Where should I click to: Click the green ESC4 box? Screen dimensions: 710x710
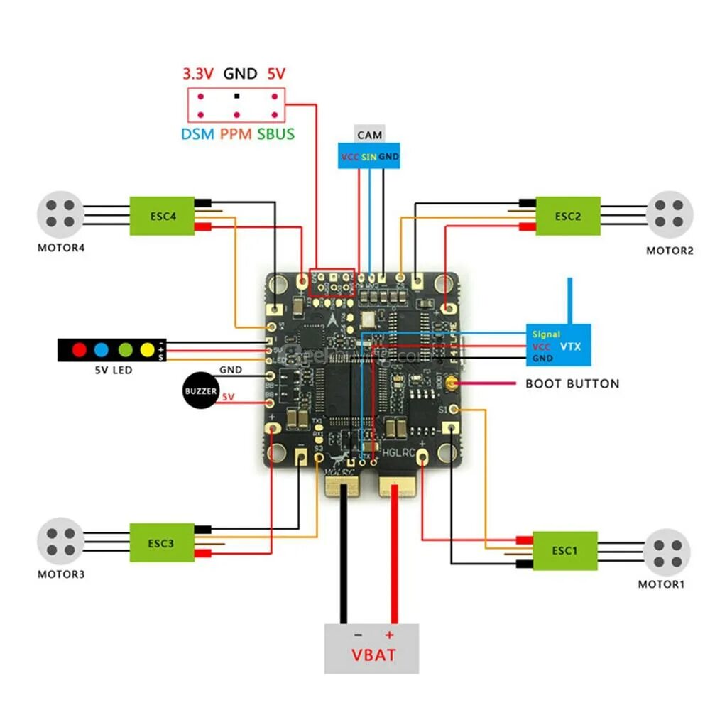(163, 216)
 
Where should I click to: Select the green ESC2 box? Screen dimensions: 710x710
(567, 216)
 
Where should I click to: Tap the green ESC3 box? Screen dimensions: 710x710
(160, 543)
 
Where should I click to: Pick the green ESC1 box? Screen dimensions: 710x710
(564, 550)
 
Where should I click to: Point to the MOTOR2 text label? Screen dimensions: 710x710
(669, 251)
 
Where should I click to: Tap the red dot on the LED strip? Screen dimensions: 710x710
(79, 349)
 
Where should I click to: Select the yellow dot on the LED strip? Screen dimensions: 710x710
(147, 349)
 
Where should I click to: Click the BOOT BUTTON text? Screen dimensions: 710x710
(572, 384)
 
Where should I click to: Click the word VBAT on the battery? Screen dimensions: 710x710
(373, 654)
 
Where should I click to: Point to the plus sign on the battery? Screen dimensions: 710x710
(388, 634)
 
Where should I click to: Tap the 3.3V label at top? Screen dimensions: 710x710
(197, 74)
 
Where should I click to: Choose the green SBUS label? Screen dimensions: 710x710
(275, 133)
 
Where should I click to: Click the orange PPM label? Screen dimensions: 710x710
(235, 133)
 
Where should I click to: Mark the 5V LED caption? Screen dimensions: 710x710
(114, 370)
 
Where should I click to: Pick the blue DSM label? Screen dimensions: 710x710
(197, 133)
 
